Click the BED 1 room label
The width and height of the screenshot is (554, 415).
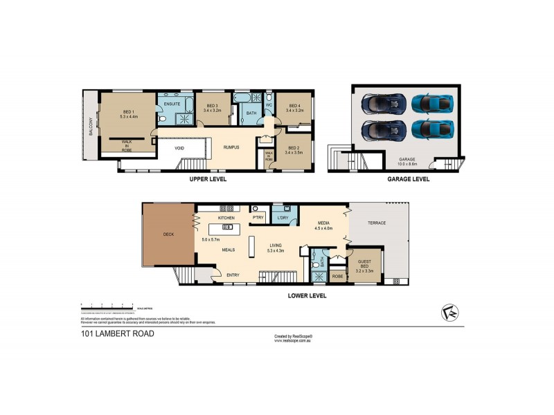(128, 114)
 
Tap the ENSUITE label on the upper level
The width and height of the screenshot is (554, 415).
(172, 104)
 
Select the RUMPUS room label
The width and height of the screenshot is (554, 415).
(231, 147)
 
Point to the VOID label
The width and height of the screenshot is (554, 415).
(179, 147)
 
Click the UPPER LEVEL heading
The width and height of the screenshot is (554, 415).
(208, 179)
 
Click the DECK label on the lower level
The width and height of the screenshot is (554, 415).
(168, 234)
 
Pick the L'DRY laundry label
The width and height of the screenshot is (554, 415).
(283, 218)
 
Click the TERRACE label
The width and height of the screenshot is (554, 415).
(376, 223)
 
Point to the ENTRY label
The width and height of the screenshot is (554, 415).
(233, 275)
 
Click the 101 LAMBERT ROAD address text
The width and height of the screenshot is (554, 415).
(115, 333)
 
